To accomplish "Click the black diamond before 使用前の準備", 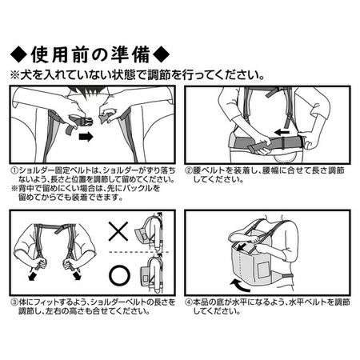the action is (19, 54).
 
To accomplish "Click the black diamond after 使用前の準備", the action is (161, 54).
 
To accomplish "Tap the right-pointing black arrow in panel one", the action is (86, 137).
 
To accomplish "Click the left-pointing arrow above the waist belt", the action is (282, 132).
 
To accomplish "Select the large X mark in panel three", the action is (118, 231).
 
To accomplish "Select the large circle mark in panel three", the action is (119, 275).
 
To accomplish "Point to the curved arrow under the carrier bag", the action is (241, 286).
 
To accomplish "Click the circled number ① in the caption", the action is (14, 170).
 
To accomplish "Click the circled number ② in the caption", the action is (189, 170).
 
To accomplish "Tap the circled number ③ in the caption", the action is (14, 302).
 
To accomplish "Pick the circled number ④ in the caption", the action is (189, 302).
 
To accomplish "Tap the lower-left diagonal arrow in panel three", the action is (33, 276).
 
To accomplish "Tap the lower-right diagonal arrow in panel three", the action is (77, 275).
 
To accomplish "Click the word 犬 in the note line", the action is (25, 76).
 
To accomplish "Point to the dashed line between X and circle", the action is (138, 252).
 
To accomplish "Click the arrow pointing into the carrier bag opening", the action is (242, 246).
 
